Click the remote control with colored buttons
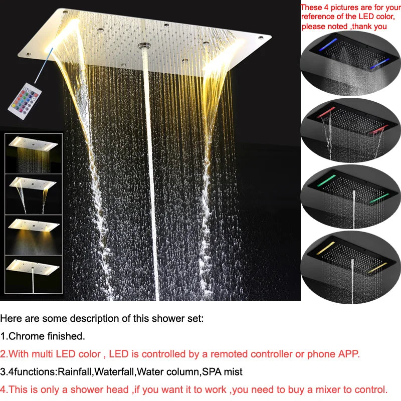tap(25, 101)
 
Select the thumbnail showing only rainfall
tap(34, 153)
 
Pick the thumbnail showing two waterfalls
tap(34, 194)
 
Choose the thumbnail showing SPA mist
tap(34, 235)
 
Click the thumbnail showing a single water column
tap(34, 274)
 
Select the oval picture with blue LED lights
tap(350, 64)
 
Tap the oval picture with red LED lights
tap(350, 130)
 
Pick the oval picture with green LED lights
tap(350, 197)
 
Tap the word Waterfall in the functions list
tap(114, 372)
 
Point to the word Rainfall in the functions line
tap(75, 372)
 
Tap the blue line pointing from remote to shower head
tap(44, 66)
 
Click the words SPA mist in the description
tap(222, 372)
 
